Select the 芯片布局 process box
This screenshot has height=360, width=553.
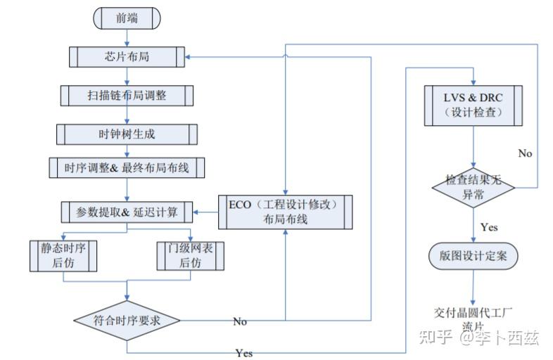click(127, 57)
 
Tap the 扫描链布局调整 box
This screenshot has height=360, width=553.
click(127, 94)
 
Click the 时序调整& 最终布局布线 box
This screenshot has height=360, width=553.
click(127, 168)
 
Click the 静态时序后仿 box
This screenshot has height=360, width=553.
click(63, 255)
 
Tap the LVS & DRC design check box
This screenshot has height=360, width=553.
click(472, 104)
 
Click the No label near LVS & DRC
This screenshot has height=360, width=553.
click(524, 153)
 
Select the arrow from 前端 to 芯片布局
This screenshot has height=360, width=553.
click(127, 39)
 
